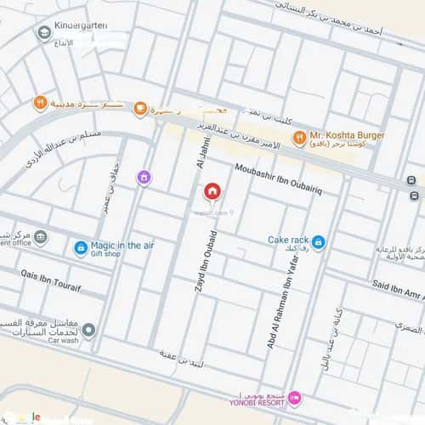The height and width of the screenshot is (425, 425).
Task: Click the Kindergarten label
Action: tap(81, 25)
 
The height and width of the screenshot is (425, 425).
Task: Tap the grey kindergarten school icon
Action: tap(42, 32)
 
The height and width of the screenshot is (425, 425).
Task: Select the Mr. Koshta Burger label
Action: tap(347, 135)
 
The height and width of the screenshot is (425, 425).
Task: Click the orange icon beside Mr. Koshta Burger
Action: tap(299, 138)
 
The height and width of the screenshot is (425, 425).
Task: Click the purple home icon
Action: tap(144, 177)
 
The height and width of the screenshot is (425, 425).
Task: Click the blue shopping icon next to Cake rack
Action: tap(318, 242)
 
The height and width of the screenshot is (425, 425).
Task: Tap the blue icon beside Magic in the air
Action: tap(81, 248)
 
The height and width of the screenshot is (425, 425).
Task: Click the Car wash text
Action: tap(64, 340)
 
